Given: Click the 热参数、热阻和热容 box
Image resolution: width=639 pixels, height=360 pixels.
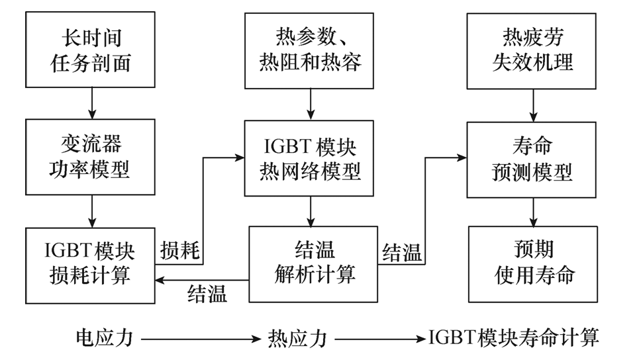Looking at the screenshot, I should click(310, 51).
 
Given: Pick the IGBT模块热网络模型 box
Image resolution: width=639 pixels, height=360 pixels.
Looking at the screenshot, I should click(310, 159).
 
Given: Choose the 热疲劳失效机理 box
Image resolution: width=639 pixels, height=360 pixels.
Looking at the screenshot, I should click(532, 51).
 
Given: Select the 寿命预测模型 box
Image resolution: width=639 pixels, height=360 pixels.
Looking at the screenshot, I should click(532, 159).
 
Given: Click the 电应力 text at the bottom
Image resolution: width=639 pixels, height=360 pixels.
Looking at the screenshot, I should click(105, 338).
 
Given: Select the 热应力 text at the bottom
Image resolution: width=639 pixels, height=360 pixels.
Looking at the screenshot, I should click(298, 338).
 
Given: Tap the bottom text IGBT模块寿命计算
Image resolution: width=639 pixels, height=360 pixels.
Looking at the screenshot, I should click(514, 338).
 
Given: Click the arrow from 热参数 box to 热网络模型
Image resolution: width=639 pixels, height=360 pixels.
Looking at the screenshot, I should click(310, 105).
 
